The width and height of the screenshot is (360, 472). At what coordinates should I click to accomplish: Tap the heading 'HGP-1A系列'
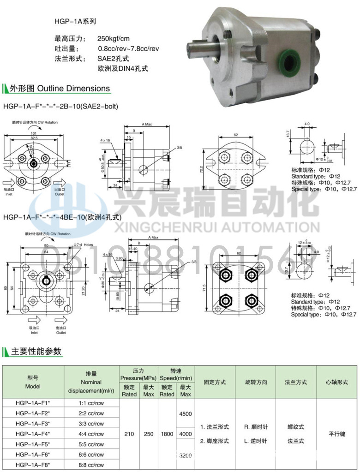coord(75,21)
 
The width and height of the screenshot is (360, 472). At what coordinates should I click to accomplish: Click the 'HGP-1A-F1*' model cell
coord(33,402)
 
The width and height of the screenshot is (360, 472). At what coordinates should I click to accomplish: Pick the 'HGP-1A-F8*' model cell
coord(33,465)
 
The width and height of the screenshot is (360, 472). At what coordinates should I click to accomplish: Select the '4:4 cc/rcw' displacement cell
coord(91,434)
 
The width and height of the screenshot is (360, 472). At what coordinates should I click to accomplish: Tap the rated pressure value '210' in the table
coord(129,434)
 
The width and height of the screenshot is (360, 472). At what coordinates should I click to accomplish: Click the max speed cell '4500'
coord(185,413)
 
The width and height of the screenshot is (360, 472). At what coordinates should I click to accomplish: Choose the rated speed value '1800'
coord(167,434)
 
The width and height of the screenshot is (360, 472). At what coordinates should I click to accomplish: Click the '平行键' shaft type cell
coord(337,434)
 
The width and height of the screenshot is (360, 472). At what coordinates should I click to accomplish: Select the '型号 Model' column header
coord(33,382)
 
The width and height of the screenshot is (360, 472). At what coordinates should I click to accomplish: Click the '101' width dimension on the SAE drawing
coord(34,133)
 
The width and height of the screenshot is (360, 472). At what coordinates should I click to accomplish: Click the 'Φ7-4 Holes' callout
coord(83,245)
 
